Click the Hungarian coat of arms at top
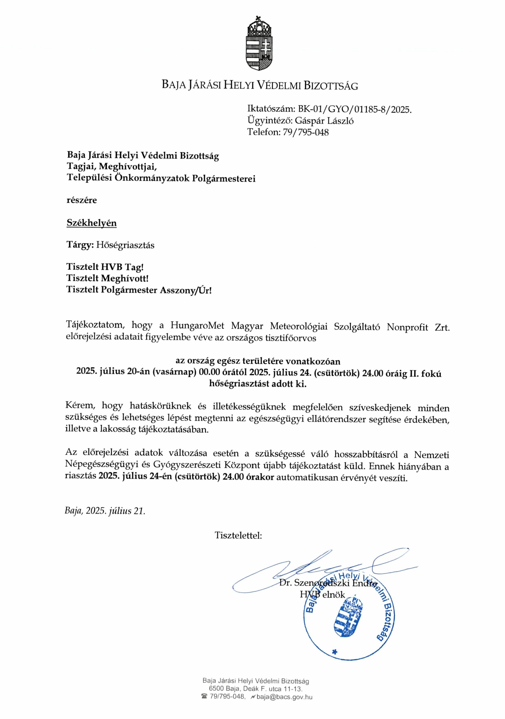click(x=259, y=43)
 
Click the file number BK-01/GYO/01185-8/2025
click(x=355, y=109)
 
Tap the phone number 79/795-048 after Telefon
click(x=306, y=132)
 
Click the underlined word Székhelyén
click(x=92, y=223)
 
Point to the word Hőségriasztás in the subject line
click(x=125, y=245)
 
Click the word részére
click(x=82, y=200)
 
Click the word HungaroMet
click(x=197, y=326)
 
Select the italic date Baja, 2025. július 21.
click(x=105, y=511)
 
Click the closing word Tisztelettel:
click(x=238, y=535)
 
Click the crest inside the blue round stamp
click(x=348, y=616)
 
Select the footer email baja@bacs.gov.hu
click(x=284, y=697)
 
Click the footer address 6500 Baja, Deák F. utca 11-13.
click(x=255, y=689)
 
